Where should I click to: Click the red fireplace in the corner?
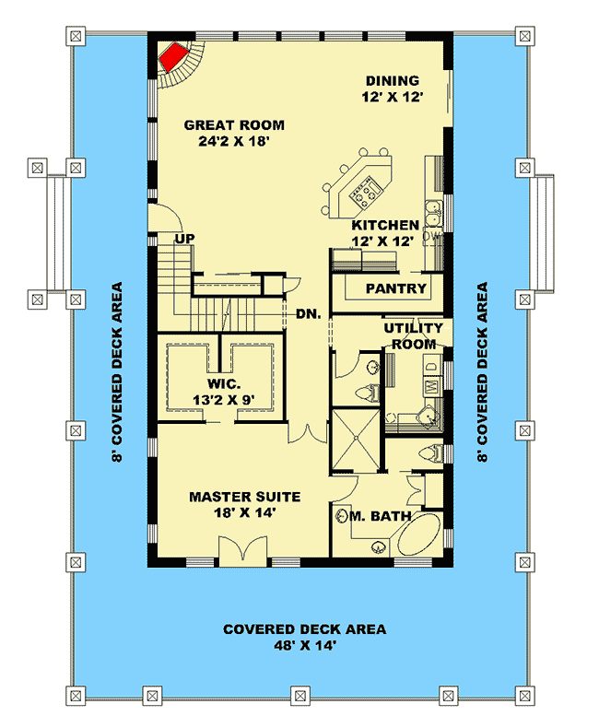coord(172,60)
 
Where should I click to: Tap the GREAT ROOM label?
coord(234,134)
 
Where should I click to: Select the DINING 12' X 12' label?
coord(392,89)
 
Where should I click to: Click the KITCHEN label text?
coord(385,233)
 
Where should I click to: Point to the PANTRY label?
coord(396,288)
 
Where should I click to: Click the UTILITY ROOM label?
coord(414,335)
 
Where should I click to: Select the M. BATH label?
coord(380,516)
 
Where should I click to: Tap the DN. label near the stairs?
coord(308,313)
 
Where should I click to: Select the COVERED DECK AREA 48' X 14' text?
coord(304,638)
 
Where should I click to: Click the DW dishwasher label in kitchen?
coord(430,237)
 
